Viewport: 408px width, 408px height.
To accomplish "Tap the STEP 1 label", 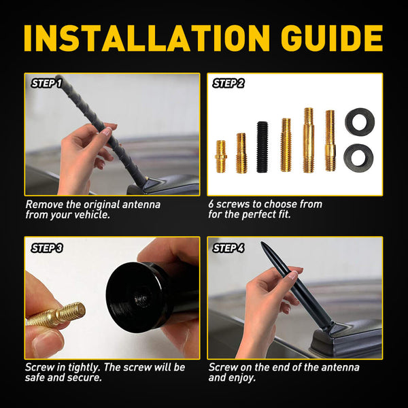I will pos(46,84).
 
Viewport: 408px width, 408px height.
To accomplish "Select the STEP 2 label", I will pos(228,84).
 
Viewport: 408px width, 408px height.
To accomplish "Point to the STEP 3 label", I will pos(46,248).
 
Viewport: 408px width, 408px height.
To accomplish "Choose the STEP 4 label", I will pos(228,248).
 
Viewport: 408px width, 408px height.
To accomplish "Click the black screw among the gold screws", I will pos(262,146).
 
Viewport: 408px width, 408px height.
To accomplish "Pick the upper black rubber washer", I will pos(360,122).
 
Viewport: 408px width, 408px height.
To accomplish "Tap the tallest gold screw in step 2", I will pos(308,139).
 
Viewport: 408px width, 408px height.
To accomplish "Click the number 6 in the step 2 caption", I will pos(211,203).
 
